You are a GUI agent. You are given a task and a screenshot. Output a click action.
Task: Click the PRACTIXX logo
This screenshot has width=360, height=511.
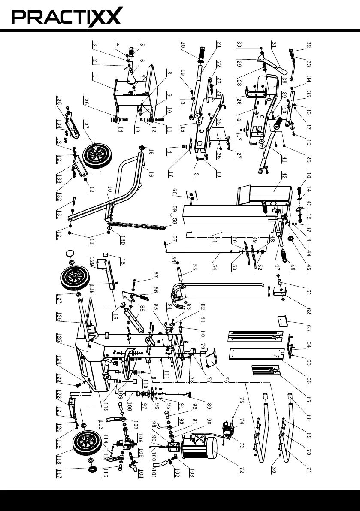[67, 17]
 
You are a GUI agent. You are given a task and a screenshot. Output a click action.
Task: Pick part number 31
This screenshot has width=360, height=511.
[274, 45]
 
